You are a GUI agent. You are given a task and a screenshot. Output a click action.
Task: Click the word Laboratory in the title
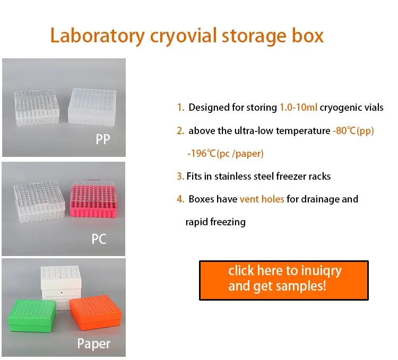(x=97, y=36)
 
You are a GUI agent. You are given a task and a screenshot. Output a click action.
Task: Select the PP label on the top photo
(x=104, y=139)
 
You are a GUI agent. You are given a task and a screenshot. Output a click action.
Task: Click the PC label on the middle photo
(x=99, y=239)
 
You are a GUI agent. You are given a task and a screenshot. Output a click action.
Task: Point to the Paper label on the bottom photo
(x=94, y=344)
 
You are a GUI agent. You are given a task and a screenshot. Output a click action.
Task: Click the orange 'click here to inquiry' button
(x=283, y=279)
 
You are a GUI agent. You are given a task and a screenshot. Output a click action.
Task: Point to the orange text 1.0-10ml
(x=298, y=108)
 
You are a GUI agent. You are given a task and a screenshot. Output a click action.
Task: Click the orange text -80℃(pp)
(x=353, y=131)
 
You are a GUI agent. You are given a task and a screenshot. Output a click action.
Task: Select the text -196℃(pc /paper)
(x=226, y=154)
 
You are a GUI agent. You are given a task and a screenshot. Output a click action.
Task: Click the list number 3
(x=179, y=176)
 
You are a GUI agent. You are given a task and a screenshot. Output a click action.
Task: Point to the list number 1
(x=180, y=108)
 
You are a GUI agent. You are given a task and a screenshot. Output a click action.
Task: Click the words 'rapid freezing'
(x=215, y=222)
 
